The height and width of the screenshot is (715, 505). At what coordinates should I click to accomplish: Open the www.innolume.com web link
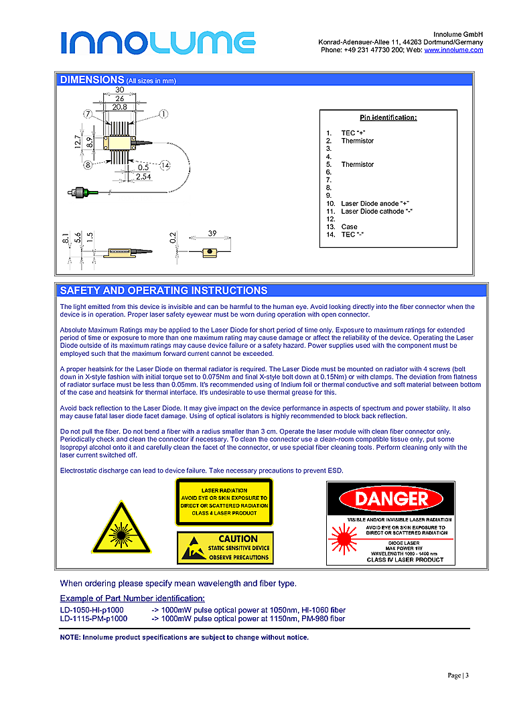453,50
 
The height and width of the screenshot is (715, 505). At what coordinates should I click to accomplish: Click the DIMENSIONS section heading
92,80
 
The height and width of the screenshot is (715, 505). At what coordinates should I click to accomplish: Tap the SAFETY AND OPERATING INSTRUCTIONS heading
163,291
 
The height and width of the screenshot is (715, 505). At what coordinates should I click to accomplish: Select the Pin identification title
388,118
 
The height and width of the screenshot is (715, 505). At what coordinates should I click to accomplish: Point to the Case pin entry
349,227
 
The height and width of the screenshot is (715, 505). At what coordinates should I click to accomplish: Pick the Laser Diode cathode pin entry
376,212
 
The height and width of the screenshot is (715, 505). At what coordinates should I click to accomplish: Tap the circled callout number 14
165,165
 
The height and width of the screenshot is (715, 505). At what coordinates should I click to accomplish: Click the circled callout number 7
87,114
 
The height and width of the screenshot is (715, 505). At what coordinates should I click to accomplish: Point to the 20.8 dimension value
120,107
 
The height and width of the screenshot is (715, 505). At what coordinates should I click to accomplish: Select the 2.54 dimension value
142,176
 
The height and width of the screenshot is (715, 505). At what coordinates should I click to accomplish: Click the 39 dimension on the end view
212,234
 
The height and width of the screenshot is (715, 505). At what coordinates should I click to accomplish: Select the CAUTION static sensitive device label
225,548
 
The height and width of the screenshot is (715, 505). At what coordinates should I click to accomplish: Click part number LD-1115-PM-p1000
94,619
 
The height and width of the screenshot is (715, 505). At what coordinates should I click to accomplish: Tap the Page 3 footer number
457,675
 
